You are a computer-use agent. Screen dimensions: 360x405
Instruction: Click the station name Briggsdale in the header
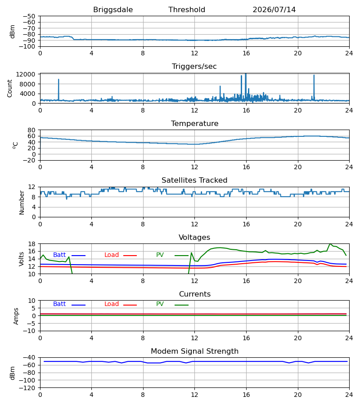click(x=113, y=10)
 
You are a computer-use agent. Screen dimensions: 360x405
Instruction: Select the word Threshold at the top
click(x=187, y=9)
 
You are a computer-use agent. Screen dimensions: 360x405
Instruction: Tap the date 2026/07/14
click(x=274, y=9)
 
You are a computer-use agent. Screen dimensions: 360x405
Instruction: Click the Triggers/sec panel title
click(x=194, y=67)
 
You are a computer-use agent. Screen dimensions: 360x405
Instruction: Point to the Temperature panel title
click(x=194, y=123)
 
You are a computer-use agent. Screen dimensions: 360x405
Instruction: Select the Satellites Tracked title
click(x=194, y=180)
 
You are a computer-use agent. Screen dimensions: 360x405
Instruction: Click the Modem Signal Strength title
click(x=194, y=351)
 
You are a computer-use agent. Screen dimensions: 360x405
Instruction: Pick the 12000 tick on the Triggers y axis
click(x=26, y=74)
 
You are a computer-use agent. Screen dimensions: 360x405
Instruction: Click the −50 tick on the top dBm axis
click(x=29, y=16)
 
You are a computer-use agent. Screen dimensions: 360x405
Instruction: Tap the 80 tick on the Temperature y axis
click(x=31, y=130)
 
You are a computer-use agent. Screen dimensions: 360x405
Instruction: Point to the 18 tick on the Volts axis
click(x=31, y=244)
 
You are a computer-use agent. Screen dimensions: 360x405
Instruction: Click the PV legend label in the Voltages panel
click(x=160, y=255)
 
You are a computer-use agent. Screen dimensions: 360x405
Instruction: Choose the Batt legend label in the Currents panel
click(x=59, y=304)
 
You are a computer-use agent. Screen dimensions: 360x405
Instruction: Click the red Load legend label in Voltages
click(x=112, y=255)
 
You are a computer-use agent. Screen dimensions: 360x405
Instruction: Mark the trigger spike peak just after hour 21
click(x=314, y=75)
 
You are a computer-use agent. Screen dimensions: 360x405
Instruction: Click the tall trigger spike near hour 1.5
click(x=58, y=79)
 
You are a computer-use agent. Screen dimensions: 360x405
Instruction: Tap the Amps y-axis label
click(x=16, y=316)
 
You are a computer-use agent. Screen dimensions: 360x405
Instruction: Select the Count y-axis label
click(x=10, y=89)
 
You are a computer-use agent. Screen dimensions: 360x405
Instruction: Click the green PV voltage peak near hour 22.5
click(x=330, y=244)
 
